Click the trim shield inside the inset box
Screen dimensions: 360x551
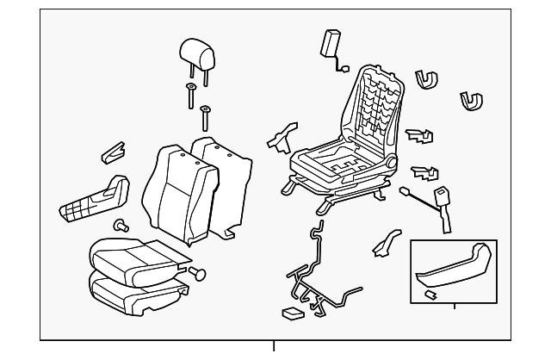point(453,268)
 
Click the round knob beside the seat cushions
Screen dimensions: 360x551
point(200,274)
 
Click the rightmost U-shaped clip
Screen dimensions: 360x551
point(470,102)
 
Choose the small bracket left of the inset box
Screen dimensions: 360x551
point(382,242)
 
